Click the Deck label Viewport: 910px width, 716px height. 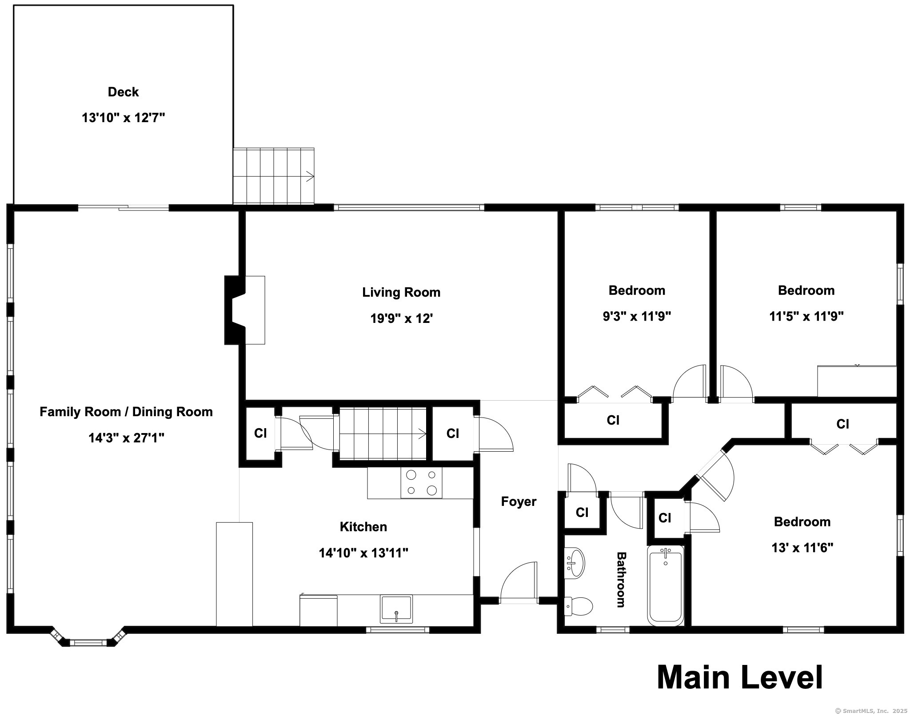[x=123, y=92]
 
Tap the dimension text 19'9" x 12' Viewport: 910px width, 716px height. [x=401, y=318]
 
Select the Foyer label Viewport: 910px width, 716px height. [x=519, y=501]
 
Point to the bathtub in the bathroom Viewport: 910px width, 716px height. [x=665, y=585]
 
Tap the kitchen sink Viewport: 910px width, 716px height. [x=396, y=609]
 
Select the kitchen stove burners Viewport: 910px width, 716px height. [x=421, y=482]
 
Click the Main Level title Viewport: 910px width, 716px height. [x=739, y=677]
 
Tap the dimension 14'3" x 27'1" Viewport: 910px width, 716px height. [x=126, y=438]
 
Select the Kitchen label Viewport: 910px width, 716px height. [x=363, y=527]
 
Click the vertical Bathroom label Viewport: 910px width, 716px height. [x=621, y=580]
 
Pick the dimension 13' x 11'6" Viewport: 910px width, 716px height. [x=802, y=548]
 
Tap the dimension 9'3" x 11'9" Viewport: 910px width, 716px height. [x=637, y=316]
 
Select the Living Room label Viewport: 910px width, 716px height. [x=401, y=292]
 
